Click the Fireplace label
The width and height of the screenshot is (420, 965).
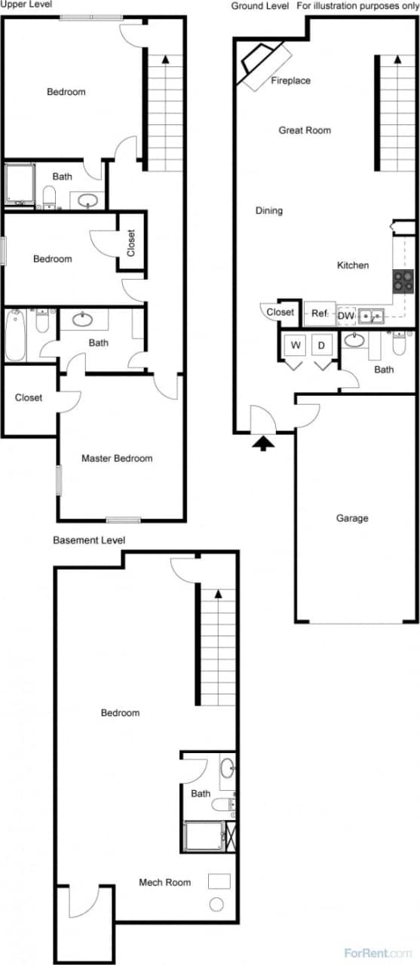tap(290, 81)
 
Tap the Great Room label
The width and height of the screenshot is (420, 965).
tap(305, 130)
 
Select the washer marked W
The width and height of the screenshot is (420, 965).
tap(296, 345)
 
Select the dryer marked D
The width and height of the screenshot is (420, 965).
tap(321, 345)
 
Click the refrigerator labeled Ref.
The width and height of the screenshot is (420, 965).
tap(320, 313)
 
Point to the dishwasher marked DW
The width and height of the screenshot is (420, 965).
tap(346, 315)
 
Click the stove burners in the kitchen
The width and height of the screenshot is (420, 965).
tap(403, 281)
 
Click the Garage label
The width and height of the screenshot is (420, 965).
tap(352, 519)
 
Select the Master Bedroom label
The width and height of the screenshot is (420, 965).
tap(117, 458)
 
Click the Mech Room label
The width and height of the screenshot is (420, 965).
tap(164, 882)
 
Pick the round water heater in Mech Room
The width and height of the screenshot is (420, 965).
tap(216, 905)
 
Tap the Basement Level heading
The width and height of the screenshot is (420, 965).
tap(89, 541)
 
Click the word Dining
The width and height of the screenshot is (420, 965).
tap(269, 211)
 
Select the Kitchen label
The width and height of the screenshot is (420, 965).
tap(353, 265)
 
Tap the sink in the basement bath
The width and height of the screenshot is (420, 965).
tap(228, 769)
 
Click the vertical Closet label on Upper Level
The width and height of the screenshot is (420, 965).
tap(130, 243)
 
